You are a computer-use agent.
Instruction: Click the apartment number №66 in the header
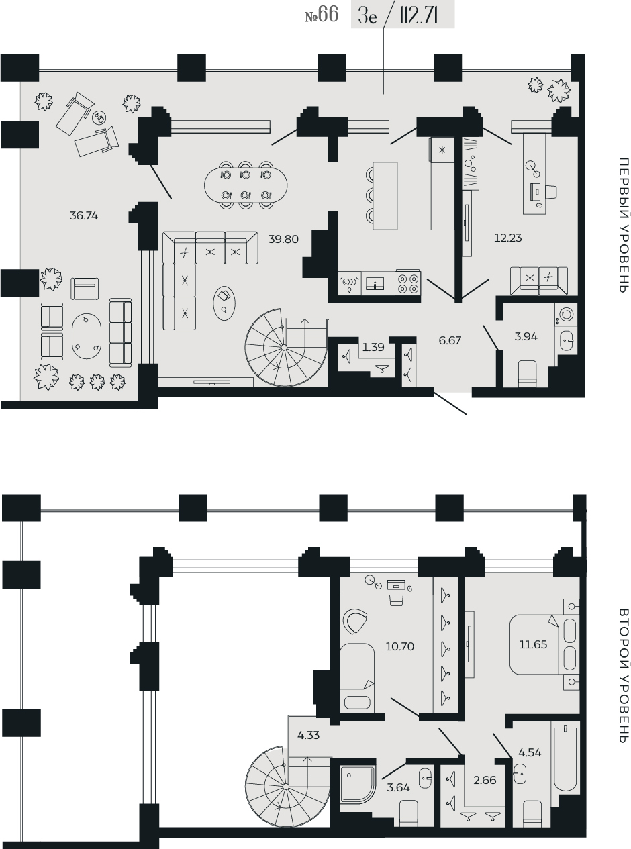point(322,15)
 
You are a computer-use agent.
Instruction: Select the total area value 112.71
point(418,17)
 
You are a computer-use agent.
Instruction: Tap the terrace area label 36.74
point(84,216)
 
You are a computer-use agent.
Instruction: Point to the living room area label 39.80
point(283,239)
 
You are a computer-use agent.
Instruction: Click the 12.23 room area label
point(507,238)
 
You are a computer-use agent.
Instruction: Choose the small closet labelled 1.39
point(373,347)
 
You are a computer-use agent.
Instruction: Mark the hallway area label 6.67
point(450,340)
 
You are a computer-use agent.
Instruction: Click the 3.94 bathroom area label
point(526,337)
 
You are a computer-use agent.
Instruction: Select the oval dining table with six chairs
point(246,185)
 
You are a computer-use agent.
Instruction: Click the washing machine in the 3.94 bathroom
point(566,315)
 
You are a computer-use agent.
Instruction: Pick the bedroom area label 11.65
point(533,644)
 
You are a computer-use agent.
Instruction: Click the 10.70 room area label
point(399,646)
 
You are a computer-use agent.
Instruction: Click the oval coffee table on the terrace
point(87,336)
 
